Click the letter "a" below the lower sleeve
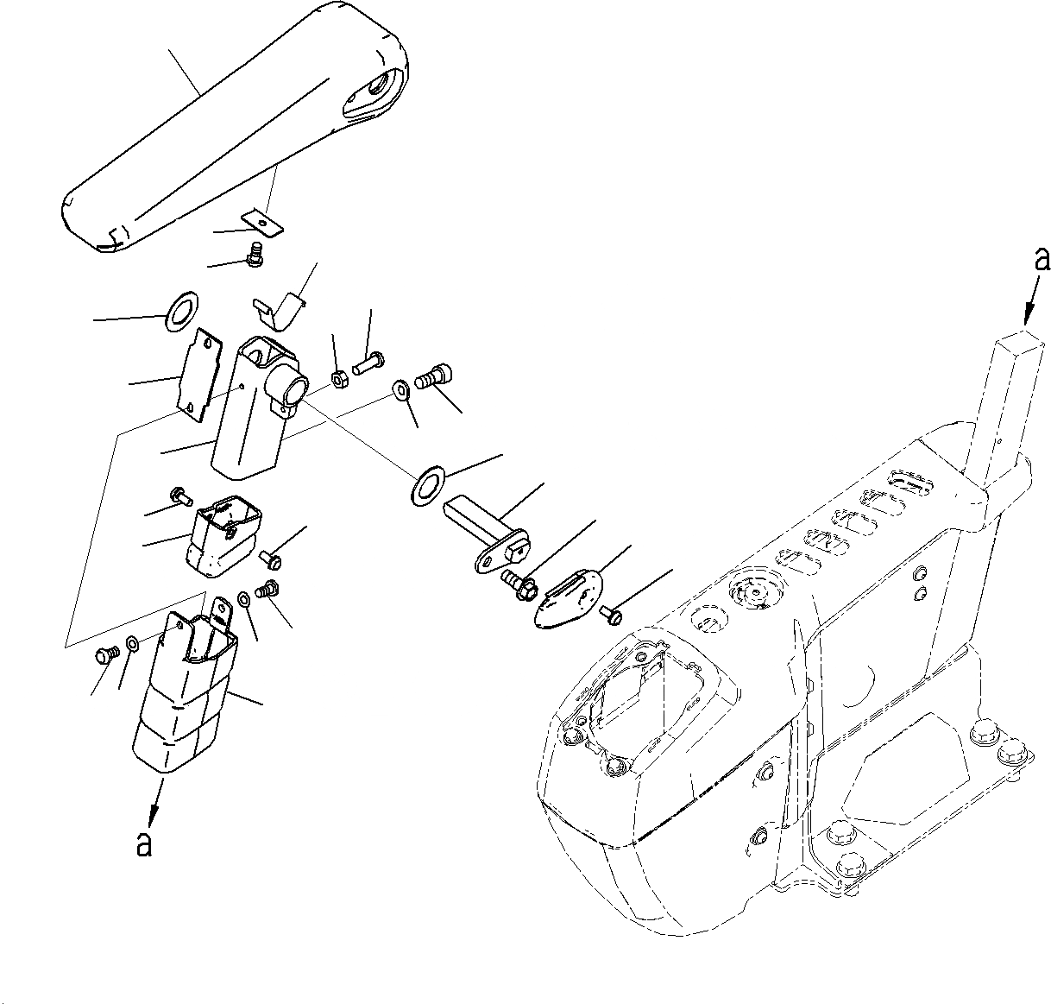(144, 843)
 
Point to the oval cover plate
(566, 599)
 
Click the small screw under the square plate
(254, 255)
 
